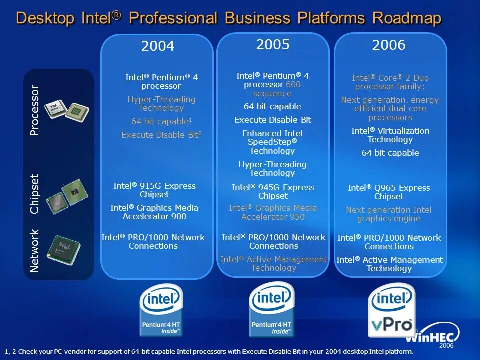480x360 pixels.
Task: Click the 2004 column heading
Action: tap(158, 47)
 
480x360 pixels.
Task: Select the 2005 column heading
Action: tap(273, 45)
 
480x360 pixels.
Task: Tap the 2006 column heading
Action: tap(389, 45)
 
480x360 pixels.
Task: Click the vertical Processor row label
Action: tap(34, 110)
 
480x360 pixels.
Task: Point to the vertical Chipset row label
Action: tap(34, 194)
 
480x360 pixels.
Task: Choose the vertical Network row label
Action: tap(34, 251)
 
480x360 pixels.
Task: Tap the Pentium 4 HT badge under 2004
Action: tap(161, 311)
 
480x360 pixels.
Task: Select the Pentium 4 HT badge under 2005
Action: tap(271, 310)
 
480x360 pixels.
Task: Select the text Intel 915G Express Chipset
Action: tap(154, 190)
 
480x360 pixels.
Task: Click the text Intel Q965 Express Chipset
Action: tap(389, 192)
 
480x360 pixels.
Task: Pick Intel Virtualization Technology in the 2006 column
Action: tap(390, 135)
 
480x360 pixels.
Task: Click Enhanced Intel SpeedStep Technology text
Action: tap(272, 142)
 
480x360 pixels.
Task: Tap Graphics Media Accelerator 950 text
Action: tap(273, 212)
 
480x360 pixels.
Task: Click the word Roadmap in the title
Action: tap(407, 19)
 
